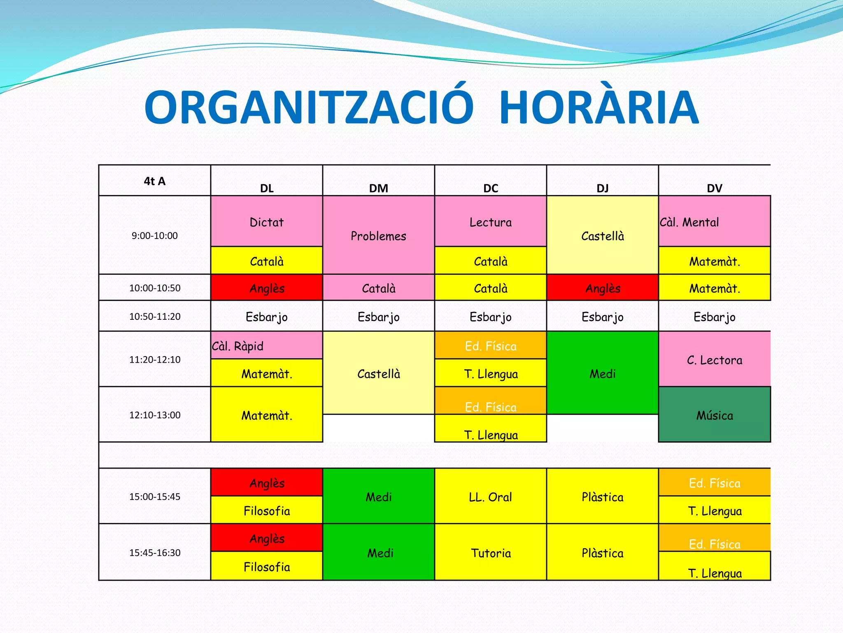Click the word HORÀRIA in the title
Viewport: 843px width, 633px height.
tap(599, 108)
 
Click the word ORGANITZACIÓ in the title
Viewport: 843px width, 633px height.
tap(309, 108)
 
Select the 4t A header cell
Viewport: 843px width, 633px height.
tap(155, 181)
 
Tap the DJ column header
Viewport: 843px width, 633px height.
tap(602, 188)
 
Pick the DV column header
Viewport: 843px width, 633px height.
tap(714, 188)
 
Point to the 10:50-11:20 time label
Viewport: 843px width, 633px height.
tap(155, 316)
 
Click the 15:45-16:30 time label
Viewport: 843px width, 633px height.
tap(155, 553)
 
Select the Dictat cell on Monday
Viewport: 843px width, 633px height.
tap(267, 222)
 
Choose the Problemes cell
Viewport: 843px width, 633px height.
tap(378, 236)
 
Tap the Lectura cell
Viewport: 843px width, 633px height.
tap(490, 222)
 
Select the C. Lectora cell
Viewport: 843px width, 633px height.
tap(714, 360)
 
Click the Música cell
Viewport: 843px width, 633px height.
tap(714, 415)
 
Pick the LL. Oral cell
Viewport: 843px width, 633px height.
tap(490, 497)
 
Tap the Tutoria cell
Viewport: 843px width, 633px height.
tap(490, 553)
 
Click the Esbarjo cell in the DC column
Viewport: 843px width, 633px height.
tap(490, 316)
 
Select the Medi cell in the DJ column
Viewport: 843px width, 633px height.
tap(602, 373)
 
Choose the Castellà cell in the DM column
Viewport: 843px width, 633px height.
tap(378, 373)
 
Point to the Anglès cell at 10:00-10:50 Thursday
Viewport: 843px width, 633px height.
tap(602, 288)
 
